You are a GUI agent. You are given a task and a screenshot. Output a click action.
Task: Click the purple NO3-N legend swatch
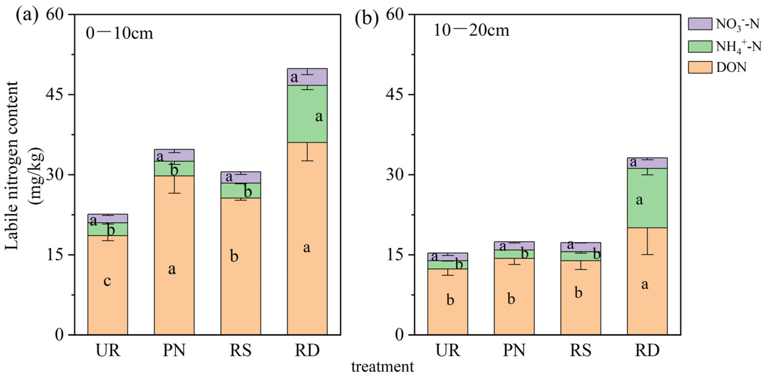[x=700, y=24]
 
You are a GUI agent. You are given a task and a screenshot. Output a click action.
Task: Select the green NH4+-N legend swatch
[x=700, y=46]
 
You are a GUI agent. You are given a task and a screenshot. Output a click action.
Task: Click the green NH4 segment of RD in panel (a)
[x=307, y=114]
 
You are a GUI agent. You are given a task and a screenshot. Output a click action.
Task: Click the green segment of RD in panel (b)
[x=647, y=198]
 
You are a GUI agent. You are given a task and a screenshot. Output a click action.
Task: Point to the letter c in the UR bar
[x=107, y=281]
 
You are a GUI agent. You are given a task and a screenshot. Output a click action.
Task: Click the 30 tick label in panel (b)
[x=395, y=175]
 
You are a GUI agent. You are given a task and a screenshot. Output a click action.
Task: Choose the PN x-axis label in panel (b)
[x=514, y=350]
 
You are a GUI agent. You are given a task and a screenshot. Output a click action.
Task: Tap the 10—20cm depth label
[x=471, y=31]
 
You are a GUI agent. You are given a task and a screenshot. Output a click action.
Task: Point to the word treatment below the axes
[x=383, y=367]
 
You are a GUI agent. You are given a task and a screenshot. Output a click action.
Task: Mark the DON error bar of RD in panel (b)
[x=647, y=241]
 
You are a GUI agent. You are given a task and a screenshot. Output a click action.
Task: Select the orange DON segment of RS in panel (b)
[x=581, y=298]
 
